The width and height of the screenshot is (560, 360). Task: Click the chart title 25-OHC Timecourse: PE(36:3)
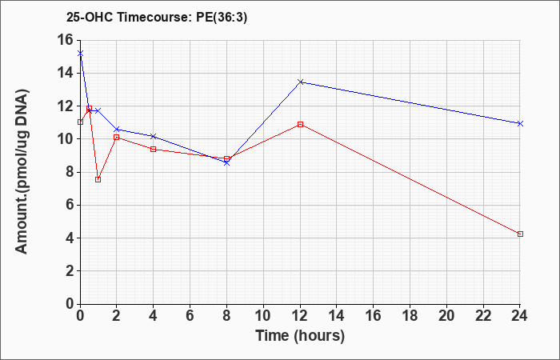point(157,18)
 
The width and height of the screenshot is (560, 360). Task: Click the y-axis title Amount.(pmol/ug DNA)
point(22,172)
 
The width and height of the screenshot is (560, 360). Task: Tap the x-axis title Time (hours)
point(300,336)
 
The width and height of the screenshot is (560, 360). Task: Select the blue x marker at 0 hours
point(80,54)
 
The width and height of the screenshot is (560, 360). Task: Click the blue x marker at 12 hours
point(300,82)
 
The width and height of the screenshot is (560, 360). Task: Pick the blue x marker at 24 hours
point(520,123)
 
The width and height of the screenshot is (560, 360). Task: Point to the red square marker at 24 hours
point(520,234)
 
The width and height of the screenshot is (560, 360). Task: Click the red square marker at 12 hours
point(300,124)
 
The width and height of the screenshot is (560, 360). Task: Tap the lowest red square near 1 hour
point(98,179)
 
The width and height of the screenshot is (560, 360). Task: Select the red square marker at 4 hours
point(154,149)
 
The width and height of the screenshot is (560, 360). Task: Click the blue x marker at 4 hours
point(154,136)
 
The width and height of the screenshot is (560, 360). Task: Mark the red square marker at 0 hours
point(80,122)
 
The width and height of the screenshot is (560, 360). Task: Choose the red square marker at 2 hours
point(117,137)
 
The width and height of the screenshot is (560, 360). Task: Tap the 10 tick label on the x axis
point(263,316)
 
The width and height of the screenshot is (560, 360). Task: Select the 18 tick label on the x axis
point(410,316)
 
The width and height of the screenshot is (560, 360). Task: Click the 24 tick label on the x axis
point(520,316)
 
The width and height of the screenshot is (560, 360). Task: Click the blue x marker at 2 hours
point(117,130)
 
